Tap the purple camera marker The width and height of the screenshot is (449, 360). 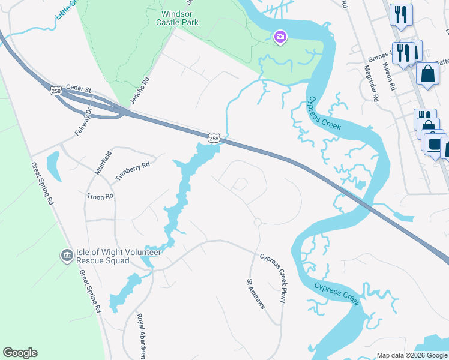click(280, 37)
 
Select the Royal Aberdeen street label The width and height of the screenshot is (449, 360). click(141, 336)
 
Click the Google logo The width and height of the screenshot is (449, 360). click(20, 353)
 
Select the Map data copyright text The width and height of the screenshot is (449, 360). click(412, 355)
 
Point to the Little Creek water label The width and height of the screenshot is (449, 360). click(68, 11)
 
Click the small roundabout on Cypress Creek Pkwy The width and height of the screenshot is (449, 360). click(257, 222)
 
